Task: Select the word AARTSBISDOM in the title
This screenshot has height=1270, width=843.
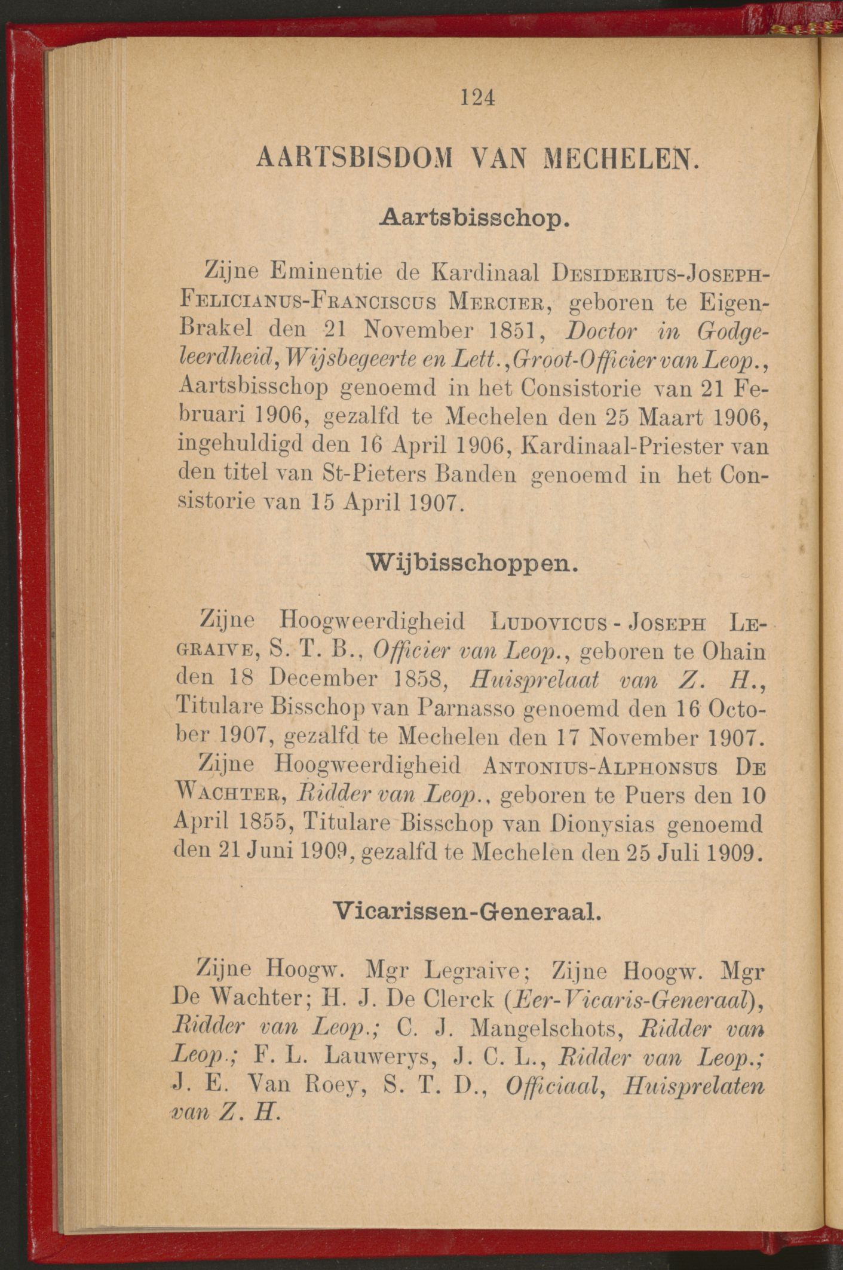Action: tap(346, 159)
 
